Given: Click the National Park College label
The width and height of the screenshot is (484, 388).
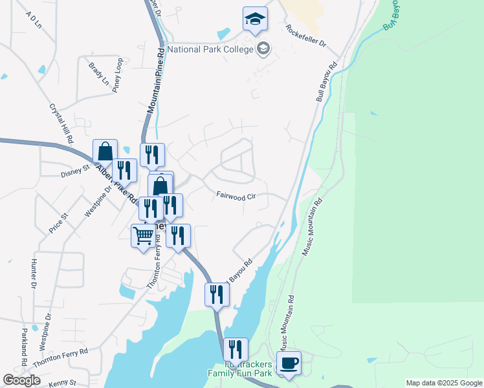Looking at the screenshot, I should [210, 48].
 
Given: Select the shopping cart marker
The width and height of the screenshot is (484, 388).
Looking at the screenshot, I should [143, 235].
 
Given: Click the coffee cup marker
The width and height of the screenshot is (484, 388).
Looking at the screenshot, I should [289, 363].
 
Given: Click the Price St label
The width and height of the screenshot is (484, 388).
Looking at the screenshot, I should [59, 224].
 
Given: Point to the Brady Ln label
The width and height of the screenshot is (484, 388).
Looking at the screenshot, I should [99, 74].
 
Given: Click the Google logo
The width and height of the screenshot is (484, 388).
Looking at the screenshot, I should [21, 380].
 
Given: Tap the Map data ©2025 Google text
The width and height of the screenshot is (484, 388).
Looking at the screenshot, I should [443, 383].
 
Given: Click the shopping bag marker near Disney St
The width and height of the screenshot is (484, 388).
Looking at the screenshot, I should [105, 152].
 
